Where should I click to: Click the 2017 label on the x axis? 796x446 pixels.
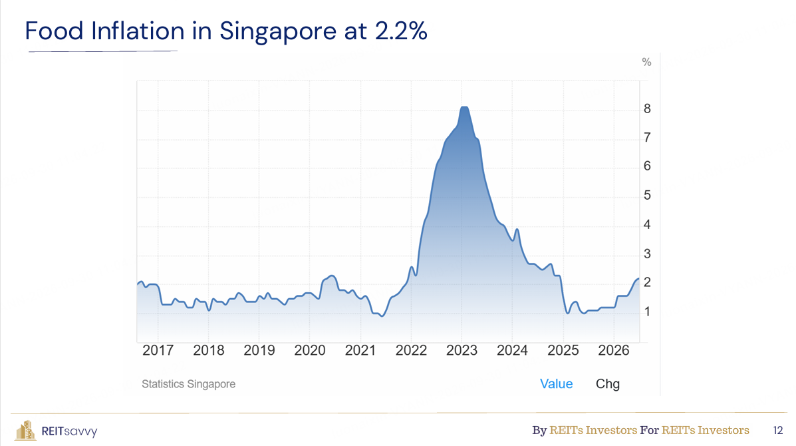158,350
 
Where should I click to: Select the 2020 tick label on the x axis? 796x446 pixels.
310,350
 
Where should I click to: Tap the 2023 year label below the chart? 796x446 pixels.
462,350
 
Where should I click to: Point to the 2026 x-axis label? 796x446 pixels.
613,350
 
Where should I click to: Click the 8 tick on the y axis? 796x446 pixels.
647,109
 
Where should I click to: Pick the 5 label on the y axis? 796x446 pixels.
647,195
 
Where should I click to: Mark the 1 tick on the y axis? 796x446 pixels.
647,312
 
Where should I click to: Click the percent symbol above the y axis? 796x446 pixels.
646,62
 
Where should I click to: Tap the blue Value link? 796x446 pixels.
557,383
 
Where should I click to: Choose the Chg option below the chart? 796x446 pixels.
608,384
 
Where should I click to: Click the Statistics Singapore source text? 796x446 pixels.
188,384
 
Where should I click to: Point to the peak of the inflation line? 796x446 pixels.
464,107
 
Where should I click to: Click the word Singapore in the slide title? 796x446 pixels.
278,31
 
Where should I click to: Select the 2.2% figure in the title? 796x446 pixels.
401,31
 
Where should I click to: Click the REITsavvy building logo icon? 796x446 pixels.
25,430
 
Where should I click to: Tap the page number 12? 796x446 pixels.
778,431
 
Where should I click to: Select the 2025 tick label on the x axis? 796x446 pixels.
563,350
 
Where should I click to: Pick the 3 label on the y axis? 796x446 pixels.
647,254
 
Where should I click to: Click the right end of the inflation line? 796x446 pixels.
638,279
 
